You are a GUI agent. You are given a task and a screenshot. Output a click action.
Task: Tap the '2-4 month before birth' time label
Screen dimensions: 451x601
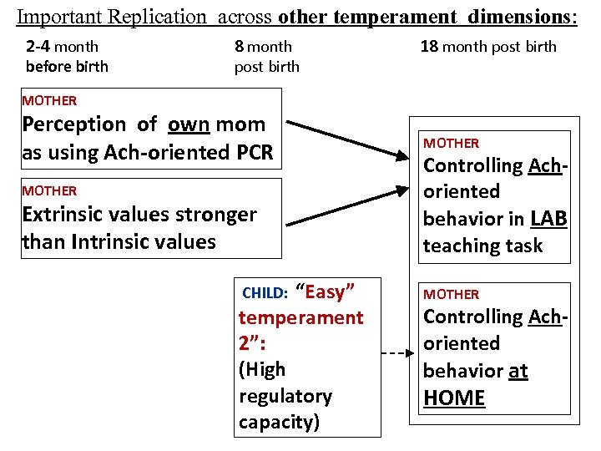tap(67, 56)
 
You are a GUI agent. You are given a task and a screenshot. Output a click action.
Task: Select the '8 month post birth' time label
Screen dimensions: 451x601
tap(266, 56)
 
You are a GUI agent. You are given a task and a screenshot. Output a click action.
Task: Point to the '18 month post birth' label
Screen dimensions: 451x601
tap(488, 47)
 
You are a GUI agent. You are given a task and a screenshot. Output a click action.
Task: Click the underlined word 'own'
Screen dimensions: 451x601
tap(188, 124)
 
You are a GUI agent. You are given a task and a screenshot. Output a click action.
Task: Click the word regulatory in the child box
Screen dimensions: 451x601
tap(285, 396)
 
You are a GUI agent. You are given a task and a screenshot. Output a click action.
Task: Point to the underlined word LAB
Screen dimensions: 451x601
tap(548, 219)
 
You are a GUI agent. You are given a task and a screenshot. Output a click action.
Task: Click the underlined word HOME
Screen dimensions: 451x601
tap(454, 398)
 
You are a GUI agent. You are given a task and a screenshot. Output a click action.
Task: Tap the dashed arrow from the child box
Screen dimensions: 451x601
tap(396, 353)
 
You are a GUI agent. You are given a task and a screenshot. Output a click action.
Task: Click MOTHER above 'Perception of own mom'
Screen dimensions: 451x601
tap(49, 101)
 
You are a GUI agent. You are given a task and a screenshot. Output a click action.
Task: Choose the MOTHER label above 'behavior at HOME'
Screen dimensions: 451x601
tap(451, 294)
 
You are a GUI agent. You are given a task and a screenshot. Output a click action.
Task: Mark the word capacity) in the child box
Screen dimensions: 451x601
tap(279, 422)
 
